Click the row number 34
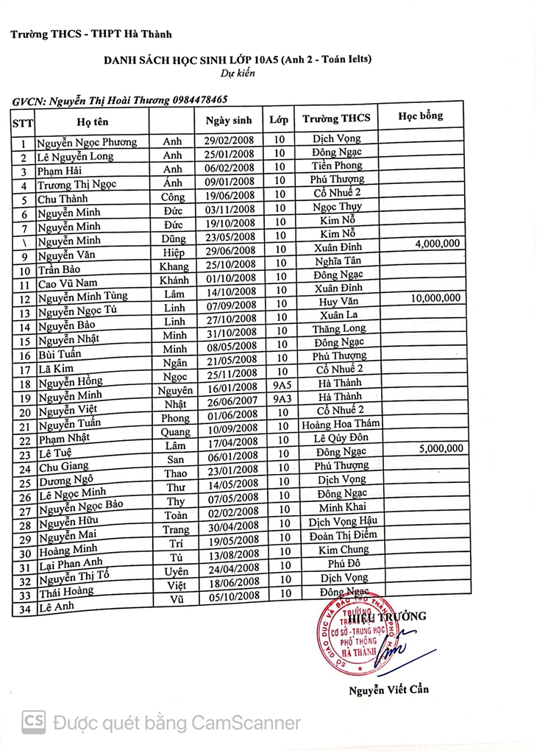point(24,609)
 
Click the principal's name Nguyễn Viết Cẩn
point(388,690)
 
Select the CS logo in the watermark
point(34,721)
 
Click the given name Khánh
point(174,280)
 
